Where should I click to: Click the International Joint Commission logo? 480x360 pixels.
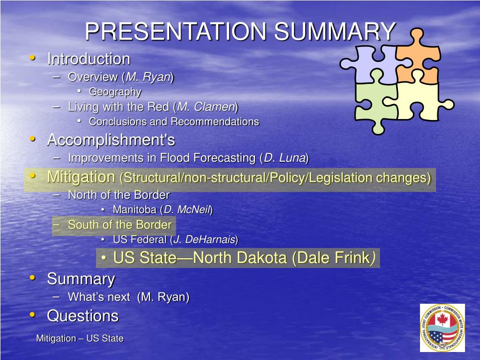point(442,328)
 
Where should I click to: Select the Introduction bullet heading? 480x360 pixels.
point(88,59)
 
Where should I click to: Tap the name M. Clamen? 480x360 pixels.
point(206,107)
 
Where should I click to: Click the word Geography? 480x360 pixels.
point(115,92)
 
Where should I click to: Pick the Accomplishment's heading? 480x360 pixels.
point(111,140)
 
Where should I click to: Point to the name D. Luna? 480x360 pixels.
point(285,158)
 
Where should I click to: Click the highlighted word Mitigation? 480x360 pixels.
point(81,177)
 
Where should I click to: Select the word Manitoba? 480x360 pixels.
point(135,210)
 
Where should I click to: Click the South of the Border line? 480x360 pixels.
point(119,225)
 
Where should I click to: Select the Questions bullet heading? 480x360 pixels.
point(82,316)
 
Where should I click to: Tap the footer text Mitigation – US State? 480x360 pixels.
point(80,338)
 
